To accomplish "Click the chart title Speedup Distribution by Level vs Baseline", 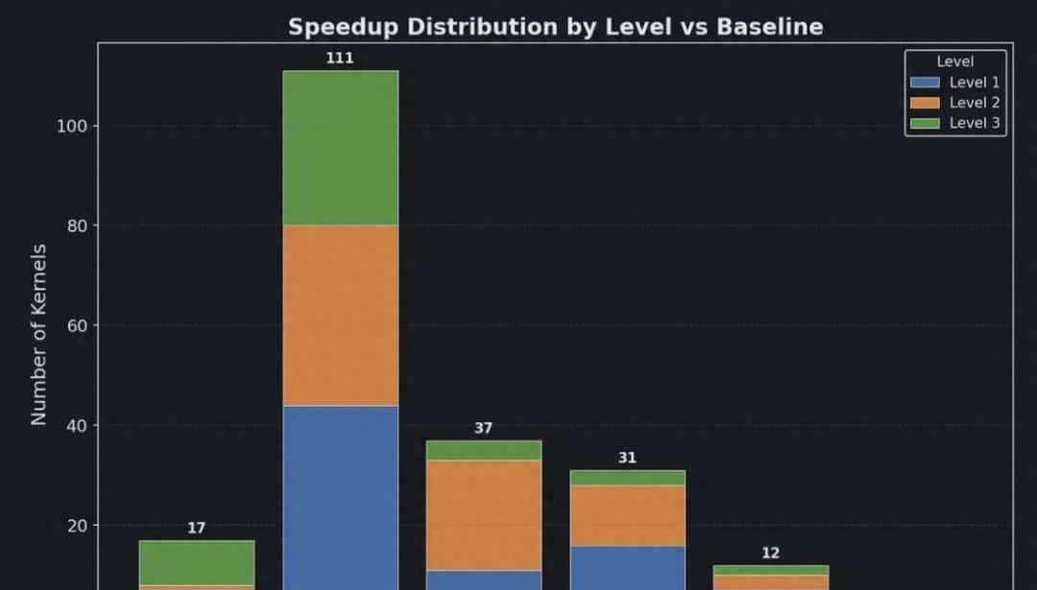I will pos(555,27).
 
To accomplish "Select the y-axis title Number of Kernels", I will pos(39,335).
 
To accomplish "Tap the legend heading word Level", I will pos(954,61).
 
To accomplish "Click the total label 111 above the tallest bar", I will pos(340,58).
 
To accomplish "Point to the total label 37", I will pos(483,428).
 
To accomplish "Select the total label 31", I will pos(627,458).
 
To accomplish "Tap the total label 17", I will pos(196,528).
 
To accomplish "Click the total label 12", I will pos(770,553).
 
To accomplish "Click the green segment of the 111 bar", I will pos(340,148).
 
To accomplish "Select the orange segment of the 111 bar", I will pos(340,315).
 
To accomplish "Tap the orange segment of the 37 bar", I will pos(483,515).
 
